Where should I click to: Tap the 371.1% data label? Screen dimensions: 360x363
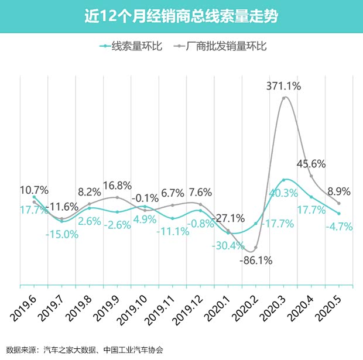[x=283, y=86]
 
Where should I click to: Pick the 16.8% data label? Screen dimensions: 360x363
[x=117, y=186]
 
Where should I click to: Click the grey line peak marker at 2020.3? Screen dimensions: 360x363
[x=284, y=98]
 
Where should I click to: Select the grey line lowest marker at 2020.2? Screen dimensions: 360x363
[x=256, y=249]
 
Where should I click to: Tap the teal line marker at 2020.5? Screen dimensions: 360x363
[x=339, y=213]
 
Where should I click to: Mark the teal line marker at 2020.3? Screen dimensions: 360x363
[x=284, y=180]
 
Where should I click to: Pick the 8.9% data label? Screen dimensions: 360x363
[x=339, y=191]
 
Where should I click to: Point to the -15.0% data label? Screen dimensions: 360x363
[x=63, y=234]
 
